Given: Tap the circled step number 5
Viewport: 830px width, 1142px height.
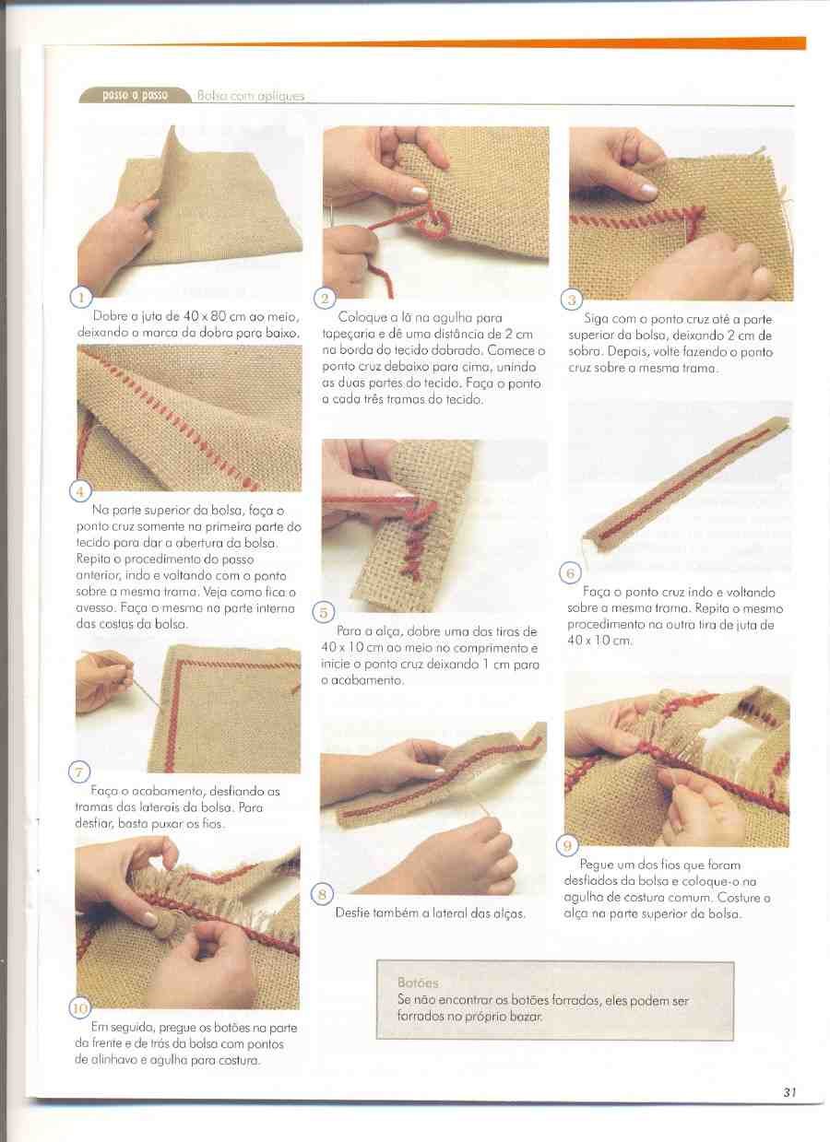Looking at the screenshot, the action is (x=324, y=612).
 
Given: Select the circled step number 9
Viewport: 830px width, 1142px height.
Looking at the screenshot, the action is (x=567, y=846).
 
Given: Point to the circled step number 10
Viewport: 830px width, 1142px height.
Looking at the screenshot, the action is (x=79, y=1008).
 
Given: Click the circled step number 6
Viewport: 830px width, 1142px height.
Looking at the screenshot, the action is (x=570, y=573).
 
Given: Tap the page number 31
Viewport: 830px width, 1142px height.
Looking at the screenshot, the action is (x=789, y=1102).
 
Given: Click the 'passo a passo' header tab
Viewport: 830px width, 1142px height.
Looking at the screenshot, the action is (x=136, y=95).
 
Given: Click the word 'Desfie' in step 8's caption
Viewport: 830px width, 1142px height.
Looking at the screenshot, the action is (x=351, y=913).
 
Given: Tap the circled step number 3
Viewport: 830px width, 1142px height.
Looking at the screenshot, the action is (x=572, y=300).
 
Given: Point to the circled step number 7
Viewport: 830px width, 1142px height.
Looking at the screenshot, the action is (x=78, y=773).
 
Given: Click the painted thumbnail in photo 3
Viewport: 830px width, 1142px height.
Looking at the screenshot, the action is (x=648, y=191).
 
